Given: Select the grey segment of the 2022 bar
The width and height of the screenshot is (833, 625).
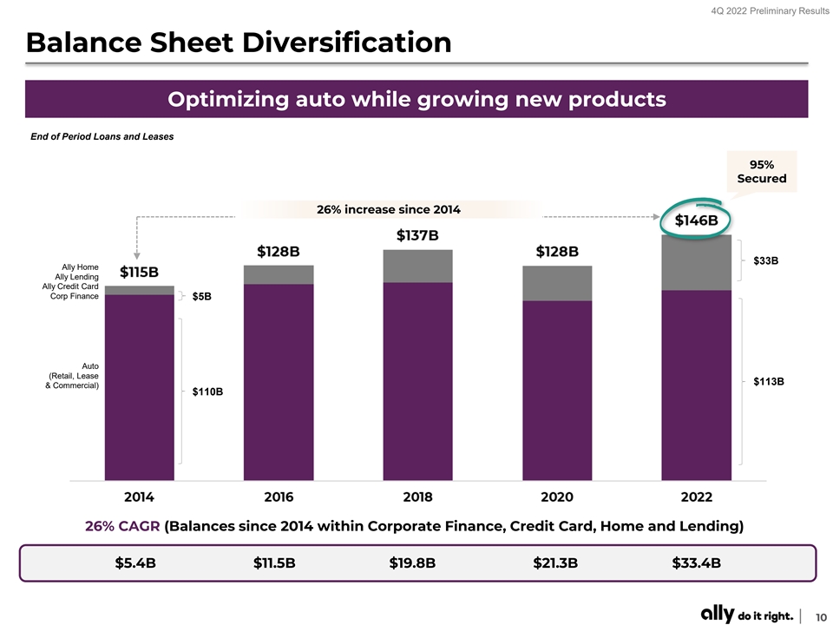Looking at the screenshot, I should click(696, 263).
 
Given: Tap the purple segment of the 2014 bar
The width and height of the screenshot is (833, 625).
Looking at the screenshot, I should click(139, 386).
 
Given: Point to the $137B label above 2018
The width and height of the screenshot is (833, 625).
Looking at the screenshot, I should click(417, 235).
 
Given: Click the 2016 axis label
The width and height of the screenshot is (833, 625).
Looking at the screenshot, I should click(279, 497).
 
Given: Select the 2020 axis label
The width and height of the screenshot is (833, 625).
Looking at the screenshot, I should click(557, 497).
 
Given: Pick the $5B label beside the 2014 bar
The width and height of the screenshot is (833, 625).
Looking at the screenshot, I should click(202, 297).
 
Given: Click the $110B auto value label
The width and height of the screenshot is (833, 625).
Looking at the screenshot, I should click(207, 391).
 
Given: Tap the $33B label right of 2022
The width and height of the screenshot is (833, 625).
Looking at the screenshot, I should click(765, 260).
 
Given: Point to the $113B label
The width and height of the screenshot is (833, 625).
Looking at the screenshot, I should click(768, 381).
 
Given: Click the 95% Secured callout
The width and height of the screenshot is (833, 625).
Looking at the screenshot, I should click(761, 171).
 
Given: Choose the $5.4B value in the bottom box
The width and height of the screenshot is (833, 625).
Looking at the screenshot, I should click(135, 562).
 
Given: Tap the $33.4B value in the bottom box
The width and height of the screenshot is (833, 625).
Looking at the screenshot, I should click(696, 562).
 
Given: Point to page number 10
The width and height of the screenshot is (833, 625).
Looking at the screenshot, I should click(819, 615).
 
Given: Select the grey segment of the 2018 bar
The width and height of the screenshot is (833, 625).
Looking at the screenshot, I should click(417, 266).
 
